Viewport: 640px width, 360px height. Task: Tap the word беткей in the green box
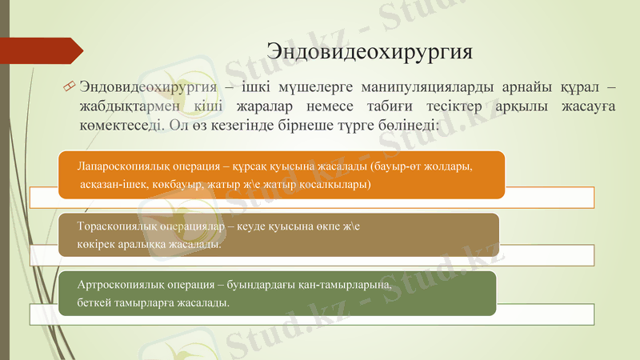point(94,303)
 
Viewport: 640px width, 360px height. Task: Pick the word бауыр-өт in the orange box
point(419,166)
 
